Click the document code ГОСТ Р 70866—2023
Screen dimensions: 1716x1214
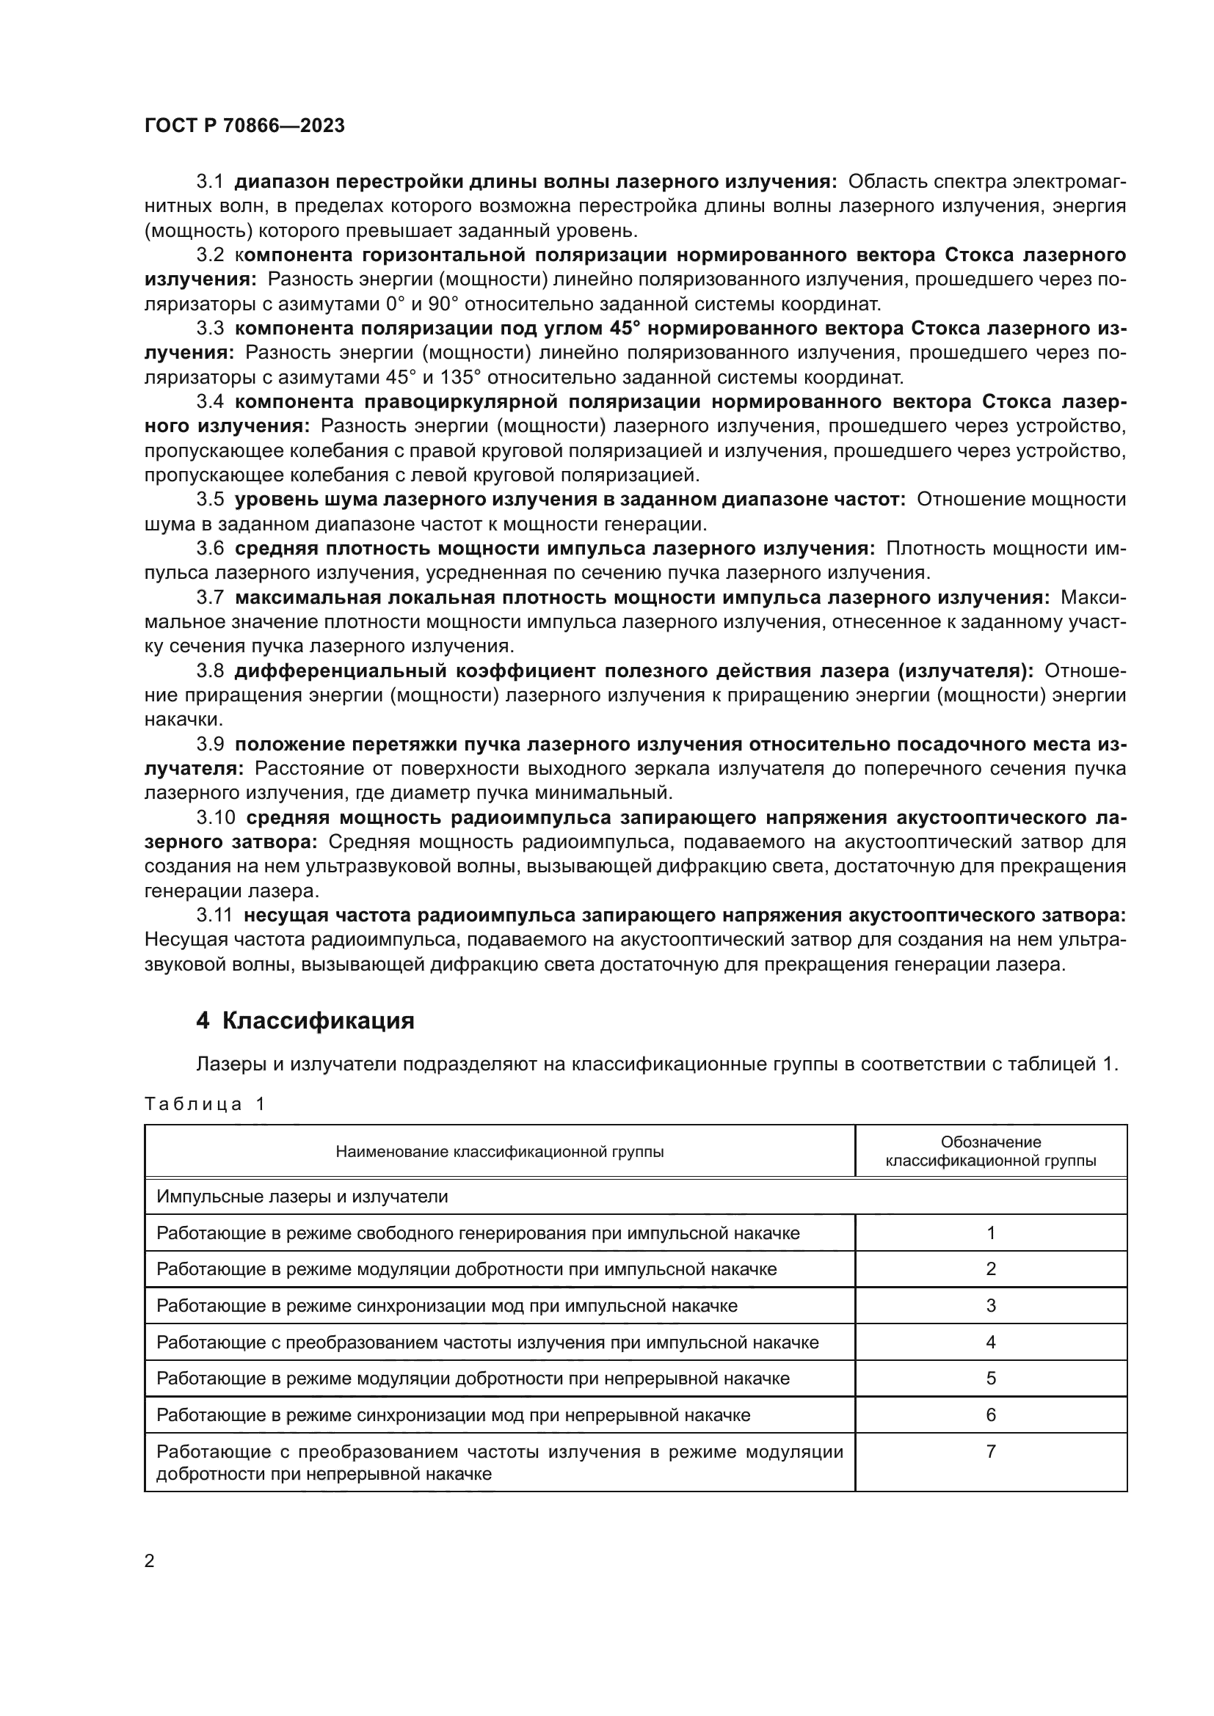(244, 125)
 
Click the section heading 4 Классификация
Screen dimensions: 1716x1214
(305, 1021)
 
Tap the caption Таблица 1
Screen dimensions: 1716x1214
(205, 1104)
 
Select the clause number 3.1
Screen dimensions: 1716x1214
(210, 182)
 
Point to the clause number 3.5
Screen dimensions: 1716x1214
(210, 500)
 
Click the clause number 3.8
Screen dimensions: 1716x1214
(210, 671)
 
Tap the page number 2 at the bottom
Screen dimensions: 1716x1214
(150, 1560)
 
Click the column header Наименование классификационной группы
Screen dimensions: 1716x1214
(499, 1152)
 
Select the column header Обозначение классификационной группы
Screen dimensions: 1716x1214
(990, 1152)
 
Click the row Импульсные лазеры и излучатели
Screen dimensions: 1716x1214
(302, 1197)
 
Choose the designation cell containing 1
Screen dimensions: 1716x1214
(990, 1233)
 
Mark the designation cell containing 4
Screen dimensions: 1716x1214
(990, 1343)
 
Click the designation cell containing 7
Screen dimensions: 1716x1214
(990, 1451)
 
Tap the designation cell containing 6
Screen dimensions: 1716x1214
(990, 1414)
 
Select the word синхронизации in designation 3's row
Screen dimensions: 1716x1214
(421, 1306)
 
